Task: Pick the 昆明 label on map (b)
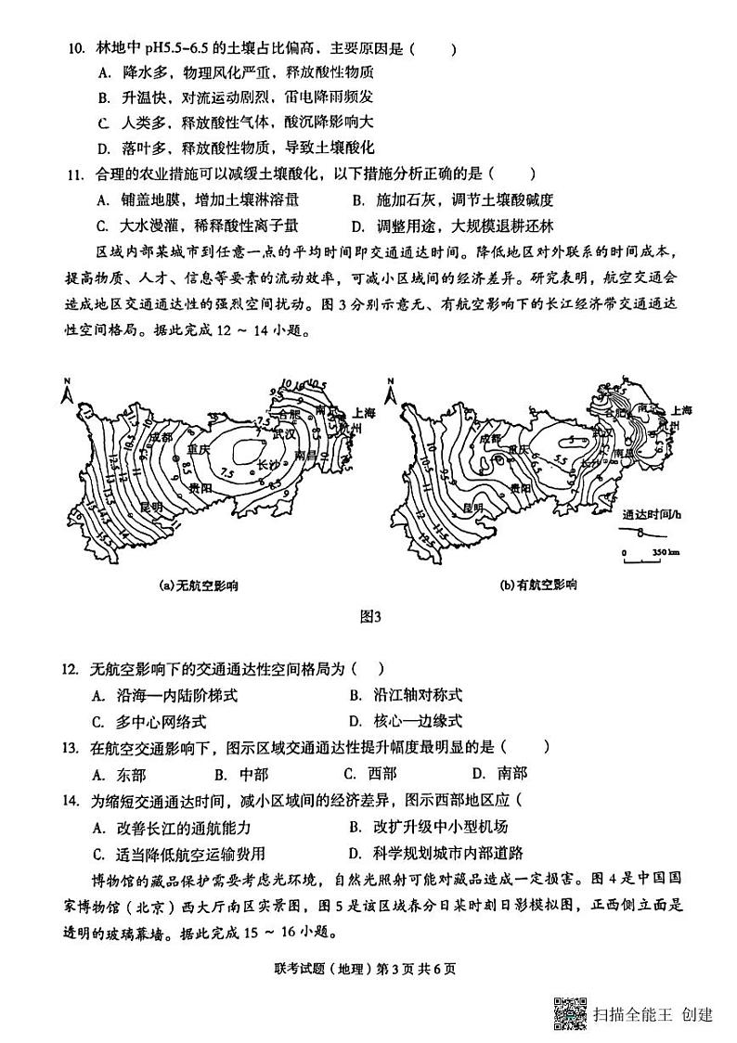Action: click(x=471, y=508)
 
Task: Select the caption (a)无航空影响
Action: click(x=199, y=585)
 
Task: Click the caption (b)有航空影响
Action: click(x=538, y=585)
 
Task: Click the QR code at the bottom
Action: click(x=570, y=1013)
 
